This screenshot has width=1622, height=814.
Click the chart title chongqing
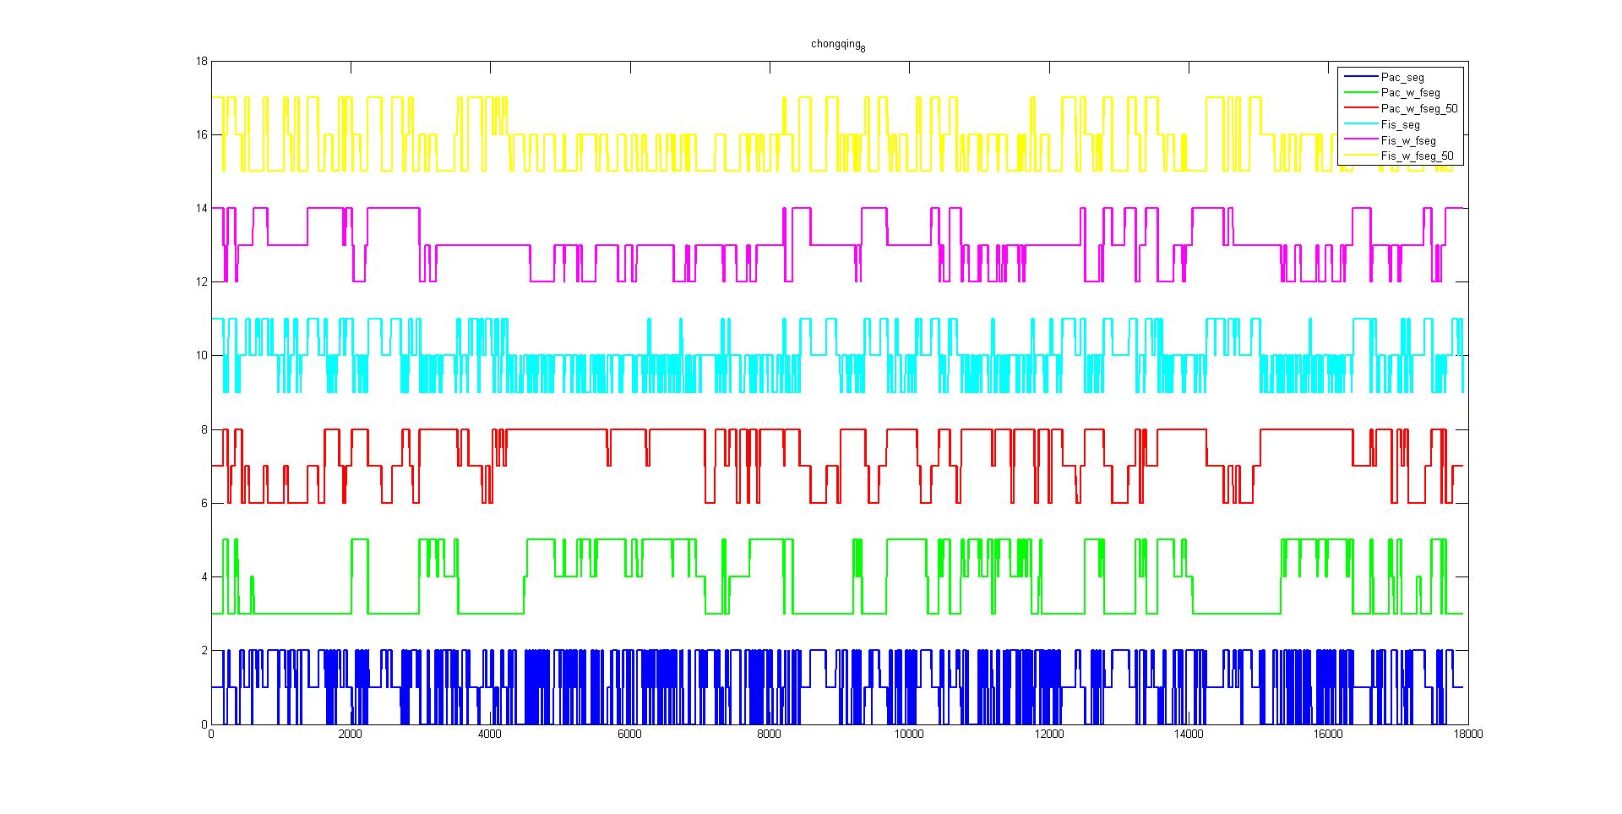tap(837, 44)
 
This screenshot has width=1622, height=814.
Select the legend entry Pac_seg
tap(1402, 78)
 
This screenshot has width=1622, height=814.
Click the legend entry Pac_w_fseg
tap(1410, 93)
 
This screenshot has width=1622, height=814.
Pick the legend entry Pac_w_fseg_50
tap(1418, 109)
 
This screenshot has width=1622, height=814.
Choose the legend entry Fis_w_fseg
tap(1407, 140)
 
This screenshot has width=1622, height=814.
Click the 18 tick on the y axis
tap(201, 62)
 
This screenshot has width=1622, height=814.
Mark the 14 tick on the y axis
tap(201, 209)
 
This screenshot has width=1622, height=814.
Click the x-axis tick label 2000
tap(350, 735)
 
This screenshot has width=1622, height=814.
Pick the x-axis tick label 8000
tap(769, 735)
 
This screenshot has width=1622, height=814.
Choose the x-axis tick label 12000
tap(1048, 735)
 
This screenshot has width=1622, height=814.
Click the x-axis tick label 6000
tap(629, 735)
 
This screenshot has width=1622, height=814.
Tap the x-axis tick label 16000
tap(1328, 735)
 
